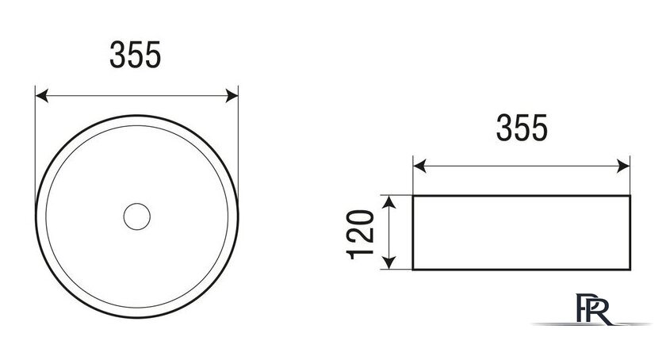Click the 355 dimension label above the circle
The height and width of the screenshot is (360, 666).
tap(136, 55)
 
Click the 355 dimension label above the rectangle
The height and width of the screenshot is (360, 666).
tap(522, 128)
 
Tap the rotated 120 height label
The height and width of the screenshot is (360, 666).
tap(361, 234)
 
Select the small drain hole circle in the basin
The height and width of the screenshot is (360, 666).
tap(136, 216)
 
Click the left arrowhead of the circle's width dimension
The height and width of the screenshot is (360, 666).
tap(41, 96)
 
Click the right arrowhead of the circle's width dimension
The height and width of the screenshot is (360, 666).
tap(232, 96)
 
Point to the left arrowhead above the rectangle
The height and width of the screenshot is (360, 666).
tap(419, 167)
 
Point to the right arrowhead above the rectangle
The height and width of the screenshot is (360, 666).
tap(623, 167)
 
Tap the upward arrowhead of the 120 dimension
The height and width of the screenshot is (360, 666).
tap(389, 202)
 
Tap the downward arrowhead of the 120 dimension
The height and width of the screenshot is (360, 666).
tap(389, 262)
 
